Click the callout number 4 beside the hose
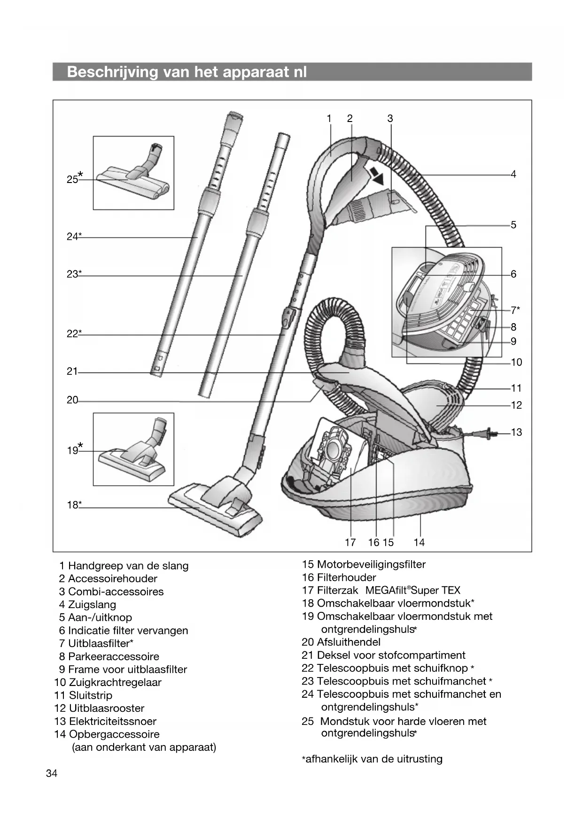(513, 174)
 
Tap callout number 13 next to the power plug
(516, 432)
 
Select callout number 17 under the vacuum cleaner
(350, 542)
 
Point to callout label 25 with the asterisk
(74, 178)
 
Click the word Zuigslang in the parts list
(92, 604)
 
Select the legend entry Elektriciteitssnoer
(112, 721)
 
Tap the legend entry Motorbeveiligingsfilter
(371, 564)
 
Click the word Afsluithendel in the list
(349, 642)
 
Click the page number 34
(52, 773)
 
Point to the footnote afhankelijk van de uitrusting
(373, 759)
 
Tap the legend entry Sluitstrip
(90, 695)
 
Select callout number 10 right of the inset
(516, 362)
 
